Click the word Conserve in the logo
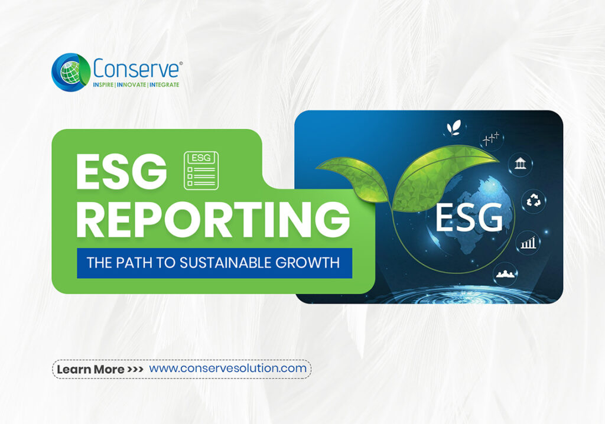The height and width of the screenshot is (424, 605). click(135, 68)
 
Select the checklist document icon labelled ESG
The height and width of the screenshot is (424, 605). click(201, 170)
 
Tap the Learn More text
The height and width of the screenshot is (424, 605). click(90, 370)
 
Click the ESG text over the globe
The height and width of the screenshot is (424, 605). click(469, 216)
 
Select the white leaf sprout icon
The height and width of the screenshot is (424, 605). click(454, 127)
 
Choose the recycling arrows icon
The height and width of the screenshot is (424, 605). click(532, 201)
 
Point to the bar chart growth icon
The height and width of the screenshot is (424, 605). click(527, 242)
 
